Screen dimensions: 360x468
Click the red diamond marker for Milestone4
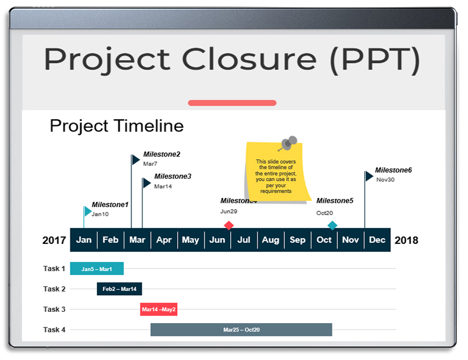(x=229, y=225)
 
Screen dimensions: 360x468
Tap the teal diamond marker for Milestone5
(x=332, y=225)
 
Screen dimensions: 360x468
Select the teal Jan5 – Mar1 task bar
(x=97, y=269)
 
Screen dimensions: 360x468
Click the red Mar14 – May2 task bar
(x=158, y=309)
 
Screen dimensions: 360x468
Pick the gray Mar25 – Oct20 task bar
(x=241, y=330)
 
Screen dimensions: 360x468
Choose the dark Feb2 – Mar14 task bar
(x=119, y=289)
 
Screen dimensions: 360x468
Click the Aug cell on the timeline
(x=270, y=240)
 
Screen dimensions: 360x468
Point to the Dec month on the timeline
(x=377, y=240)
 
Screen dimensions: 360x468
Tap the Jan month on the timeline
(x=84, y=240)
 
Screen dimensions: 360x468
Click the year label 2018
(x=406, y=240)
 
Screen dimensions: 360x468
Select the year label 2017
(x=54, y=240)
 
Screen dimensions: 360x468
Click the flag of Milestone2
(x=136, y=159)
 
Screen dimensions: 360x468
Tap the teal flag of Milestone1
(x=88, y=211)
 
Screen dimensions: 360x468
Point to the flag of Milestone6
(x=369, y=176)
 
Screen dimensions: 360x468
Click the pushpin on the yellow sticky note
(x=290, y=143)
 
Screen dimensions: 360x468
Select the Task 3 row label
(x=55, y=309)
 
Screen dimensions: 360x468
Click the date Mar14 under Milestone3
(x=163, y=187)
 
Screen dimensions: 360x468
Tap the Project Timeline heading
(x=117, y=126)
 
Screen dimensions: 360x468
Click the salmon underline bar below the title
(x=232, y=103)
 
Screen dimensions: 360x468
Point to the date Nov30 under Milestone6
(x=385, y=180)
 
